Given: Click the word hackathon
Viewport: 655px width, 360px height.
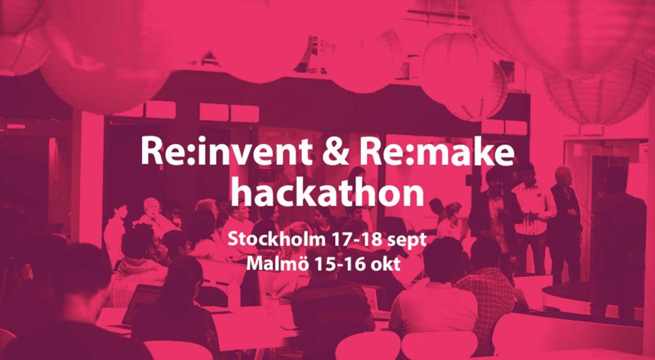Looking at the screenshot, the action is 327,192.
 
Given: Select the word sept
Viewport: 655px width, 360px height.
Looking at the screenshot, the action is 406,241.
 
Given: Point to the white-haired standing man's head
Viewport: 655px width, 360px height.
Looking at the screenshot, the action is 563,175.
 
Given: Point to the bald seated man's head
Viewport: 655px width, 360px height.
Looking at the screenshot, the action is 152,207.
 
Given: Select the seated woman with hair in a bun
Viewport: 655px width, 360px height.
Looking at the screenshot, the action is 450,221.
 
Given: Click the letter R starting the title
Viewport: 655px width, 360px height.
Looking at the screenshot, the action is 150,151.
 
